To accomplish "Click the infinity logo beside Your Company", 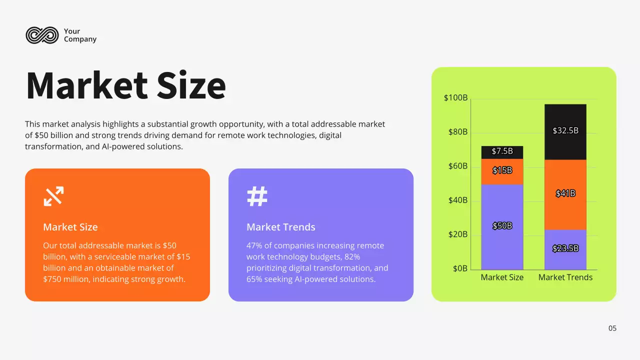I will [x=42, y=35].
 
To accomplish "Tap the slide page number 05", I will [x=612, y=328].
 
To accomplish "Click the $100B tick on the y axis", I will [x=455, y=98].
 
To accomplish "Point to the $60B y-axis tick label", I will [x=457, y=166].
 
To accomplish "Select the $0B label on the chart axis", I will [x=460, y=268].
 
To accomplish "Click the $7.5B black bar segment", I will [x=502, y=152].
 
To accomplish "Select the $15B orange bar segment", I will [x=502, y=171].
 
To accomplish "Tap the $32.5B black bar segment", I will [x=565, y=131].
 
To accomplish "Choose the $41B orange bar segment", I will [x=565, y=194].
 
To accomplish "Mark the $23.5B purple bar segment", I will [x=565, y=249].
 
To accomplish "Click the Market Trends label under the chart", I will [x=565, y=277].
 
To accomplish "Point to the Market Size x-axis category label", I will [x=502, y=277].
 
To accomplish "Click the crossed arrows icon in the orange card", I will [x=53, y=196].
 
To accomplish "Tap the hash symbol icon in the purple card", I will [x=257, y=196].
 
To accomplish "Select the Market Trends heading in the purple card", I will [x=281, y=227].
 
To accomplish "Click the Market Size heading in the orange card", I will [x=70, y=227].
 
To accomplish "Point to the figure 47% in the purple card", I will [x=254, y=245].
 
